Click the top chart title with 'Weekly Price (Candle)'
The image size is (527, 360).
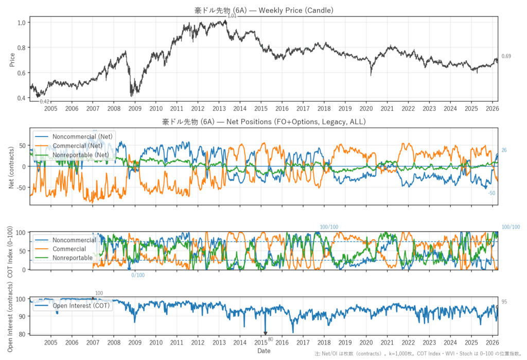(263, 10)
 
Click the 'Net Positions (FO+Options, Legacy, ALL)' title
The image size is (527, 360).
(263, 122)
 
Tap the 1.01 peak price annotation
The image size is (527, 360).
(232, 17)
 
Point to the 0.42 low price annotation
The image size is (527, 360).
(45, 101)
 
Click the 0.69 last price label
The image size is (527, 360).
(506, 56)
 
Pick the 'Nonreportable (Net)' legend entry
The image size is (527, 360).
(80, 155)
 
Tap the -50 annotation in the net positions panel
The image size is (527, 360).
(491, 193)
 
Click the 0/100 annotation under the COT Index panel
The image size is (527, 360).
(138, 275)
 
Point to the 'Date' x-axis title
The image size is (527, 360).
(263, 351)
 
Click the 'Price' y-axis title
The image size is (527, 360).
(12, 60)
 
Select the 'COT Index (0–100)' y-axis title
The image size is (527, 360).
(12, 251)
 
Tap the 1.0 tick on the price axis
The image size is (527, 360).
(22, 23)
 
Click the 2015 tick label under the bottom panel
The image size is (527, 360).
(261, 342)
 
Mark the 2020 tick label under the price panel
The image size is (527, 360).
(366, 109)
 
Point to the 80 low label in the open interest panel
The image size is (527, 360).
(271, 338)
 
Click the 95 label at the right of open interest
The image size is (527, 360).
(504, 302)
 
